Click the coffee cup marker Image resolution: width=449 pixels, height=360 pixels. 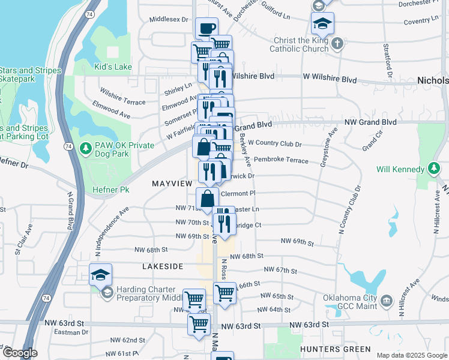click(206, 28)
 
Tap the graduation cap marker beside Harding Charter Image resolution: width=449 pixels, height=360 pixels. click(101, 275)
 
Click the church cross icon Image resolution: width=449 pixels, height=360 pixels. click(338, 43)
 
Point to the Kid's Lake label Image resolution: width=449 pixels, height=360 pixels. click(113, 67)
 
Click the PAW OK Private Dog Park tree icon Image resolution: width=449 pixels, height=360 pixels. click(86, 147)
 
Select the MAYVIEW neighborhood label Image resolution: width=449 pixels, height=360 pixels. click(172, 182)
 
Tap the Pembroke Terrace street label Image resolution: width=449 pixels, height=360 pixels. click(281, 160)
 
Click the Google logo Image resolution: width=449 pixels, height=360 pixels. click(19, 353)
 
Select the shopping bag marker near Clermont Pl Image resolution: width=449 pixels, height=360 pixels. click(207, 198)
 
